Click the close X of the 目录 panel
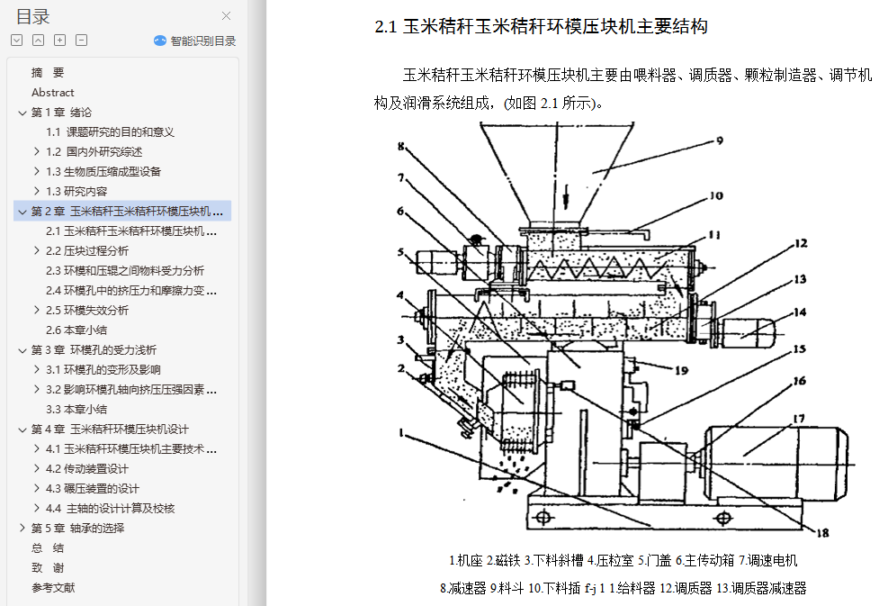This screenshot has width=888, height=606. pyautogui.click(x=227, y=15)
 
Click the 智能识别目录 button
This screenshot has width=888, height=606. pyautogui.click(x=195, y=41)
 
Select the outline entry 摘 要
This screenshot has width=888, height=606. pyautogui.click(x=48, y=73)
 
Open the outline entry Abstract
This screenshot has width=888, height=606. pyautogui.click(x=53, y=93)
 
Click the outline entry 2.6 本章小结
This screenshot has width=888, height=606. pyautogui.click(x=76, y=330)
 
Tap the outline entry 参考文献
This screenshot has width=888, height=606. pyautogui.click(x=53, y=588)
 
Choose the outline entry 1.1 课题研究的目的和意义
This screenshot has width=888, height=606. pyautogui.click(x=110, y=132)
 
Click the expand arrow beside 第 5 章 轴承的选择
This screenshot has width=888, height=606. pyautogui.click(x=22, y=529)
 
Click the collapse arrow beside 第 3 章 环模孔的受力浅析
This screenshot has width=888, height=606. pyautogui.click(x=22, y=350)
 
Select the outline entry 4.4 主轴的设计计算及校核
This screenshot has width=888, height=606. pyautogui.click(x=110, y=509)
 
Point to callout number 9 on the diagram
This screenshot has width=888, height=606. pyautogui.click(x=719, y=140)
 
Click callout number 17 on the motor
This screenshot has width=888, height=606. pyautogui.click(x=798, y=419)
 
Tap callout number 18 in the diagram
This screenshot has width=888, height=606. pyautogui.click(x=821, y=532)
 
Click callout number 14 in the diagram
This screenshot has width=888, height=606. pyautogui.click(x=800, y=313)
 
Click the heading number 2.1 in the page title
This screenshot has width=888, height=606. pyautogui.click(x=386, y=27)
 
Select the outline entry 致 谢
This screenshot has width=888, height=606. pyautogui.click(x=48, y=568)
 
